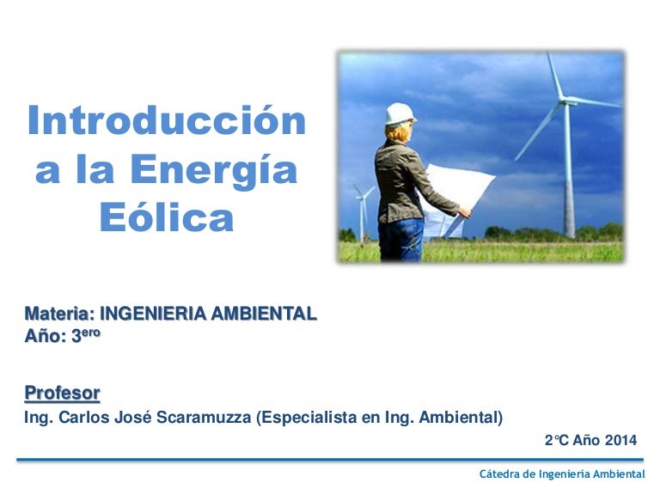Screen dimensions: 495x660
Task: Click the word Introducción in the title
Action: (166, 121)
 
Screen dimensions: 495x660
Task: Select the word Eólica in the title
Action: (166, 218)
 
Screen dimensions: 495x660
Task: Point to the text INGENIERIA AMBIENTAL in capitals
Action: (208, 315)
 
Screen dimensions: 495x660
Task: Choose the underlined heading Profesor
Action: (62, 394)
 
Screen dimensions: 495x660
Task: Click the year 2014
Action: (620, 441)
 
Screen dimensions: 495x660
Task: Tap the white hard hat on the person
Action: (400, 113)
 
